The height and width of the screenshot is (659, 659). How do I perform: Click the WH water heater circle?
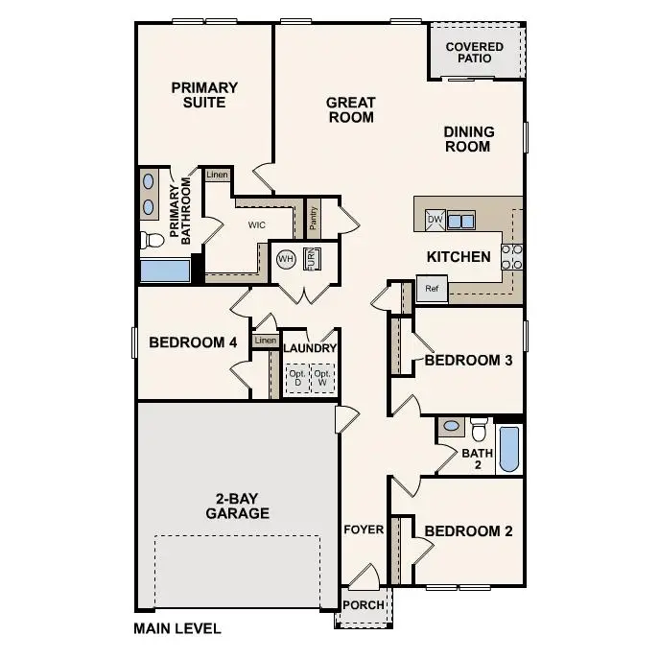(286, 259)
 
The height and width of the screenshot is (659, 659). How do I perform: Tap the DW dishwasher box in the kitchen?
(435, 220)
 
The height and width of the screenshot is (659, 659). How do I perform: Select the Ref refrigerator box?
(432, 288)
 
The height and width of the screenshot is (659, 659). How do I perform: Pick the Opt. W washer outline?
(323, 377)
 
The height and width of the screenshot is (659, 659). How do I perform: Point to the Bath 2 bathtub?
(509, 449)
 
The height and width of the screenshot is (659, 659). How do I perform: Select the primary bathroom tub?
(164, 270)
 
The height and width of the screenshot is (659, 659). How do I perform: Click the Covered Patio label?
(474, 53)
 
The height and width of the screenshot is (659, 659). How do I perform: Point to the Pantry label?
(313, 218)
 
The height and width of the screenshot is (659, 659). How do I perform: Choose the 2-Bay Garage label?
(237, 506)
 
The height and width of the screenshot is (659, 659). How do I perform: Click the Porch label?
(364, 605)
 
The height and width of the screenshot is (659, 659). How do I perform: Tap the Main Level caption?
(177, 629)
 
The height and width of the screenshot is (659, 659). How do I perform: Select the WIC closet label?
(256, 225)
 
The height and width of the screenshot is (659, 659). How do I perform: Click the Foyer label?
(364, 530)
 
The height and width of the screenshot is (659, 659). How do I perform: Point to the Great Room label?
(350, 109)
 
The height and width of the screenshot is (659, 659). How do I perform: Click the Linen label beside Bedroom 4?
(265, 341)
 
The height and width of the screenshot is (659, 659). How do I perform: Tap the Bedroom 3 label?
(468, 361)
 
